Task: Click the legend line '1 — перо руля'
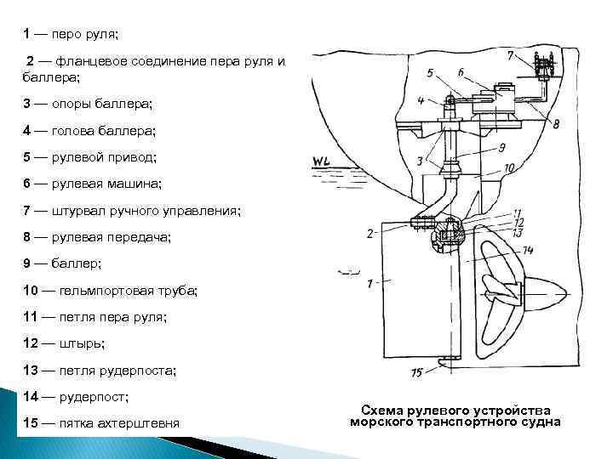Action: click(72, 35)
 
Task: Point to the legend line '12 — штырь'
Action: click(64, 343)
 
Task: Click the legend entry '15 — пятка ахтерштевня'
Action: click(101, 423)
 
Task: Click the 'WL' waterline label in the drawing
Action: click(322, 161)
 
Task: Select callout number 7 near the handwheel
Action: click(510, 56)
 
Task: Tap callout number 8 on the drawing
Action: click(555, 123)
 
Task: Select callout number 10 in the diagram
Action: click(508, 168)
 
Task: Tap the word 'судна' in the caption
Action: click(537, 422)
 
